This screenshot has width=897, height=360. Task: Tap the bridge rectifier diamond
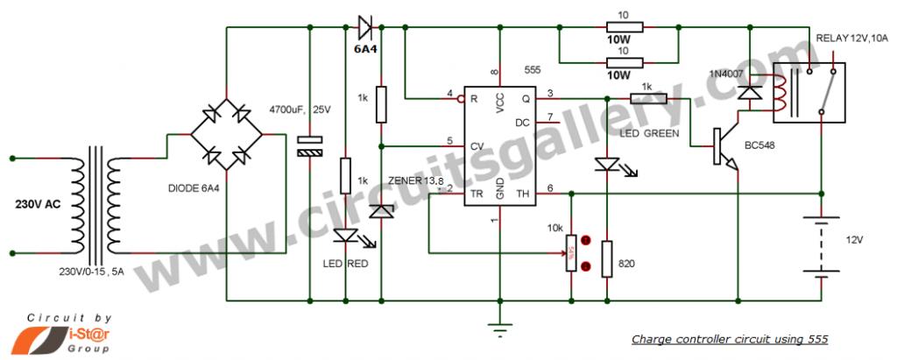(x=227, y=135)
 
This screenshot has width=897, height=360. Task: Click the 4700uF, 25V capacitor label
(x=300, y=109)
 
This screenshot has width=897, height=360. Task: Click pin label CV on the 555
(x=476, y=144)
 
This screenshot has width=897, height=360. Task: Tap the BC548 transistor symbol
(x=724, y=145)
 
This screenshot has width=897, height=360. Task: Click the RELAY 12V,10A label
(x=851, y=38)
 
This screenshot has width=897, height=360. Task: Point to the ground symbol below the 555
(x=499, y=328)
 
